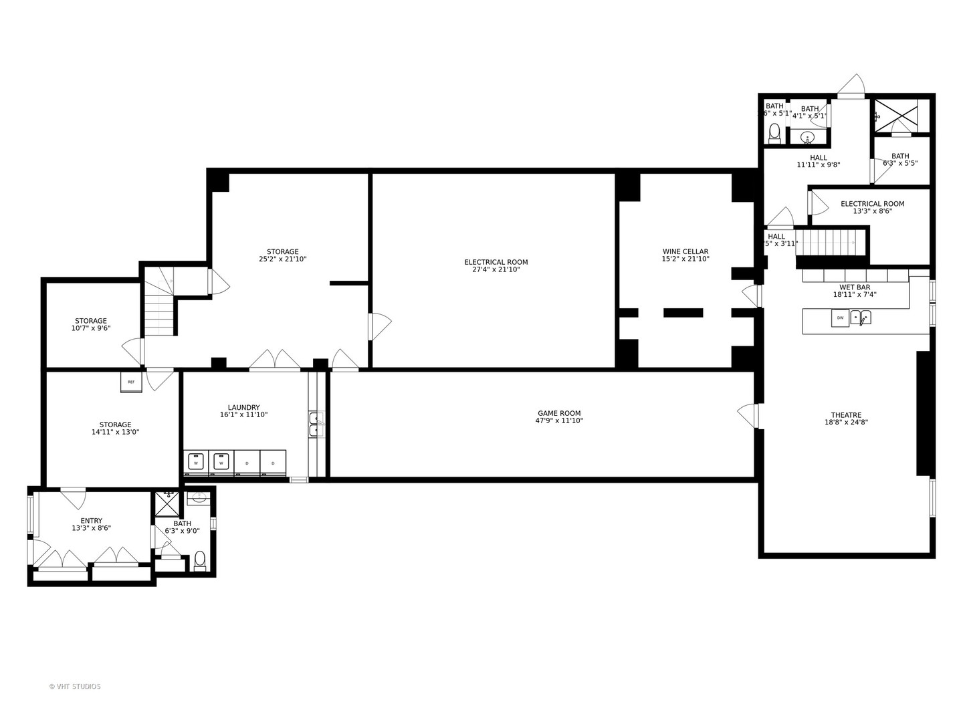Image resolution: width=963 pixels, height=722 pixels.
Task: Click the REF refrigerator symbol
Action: [x=131, y=382]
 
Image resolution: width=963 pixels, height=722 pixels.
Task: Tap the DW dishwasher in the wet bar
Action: [x=840, y=318]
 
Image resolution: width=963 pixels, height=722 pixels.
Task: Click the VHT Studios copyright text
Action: [x=75, y=687]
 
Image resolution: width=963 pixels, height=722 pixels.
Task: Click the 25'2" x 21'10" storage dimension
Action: [x=282, y=259]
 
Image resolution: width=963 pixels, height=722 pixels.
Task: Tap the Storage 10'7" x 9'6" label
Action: [x=91, y=324]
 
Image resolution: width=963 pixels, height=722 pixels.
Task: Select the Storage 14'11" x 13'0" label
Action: [x=115, y=428]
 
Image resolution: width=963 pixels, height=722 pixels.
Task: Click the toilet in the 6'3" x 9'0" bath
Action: [x=199, y=560]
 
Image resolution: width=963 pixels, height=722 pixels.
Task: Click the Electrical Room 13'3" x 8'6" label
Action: [x=872, y=207]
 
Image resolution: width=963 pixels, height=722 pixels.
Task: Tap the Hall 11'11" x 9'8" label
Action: [x=818, y=161]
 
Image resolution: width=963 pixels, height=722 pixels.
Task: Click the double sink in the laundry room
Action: [x=316, y=424]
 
